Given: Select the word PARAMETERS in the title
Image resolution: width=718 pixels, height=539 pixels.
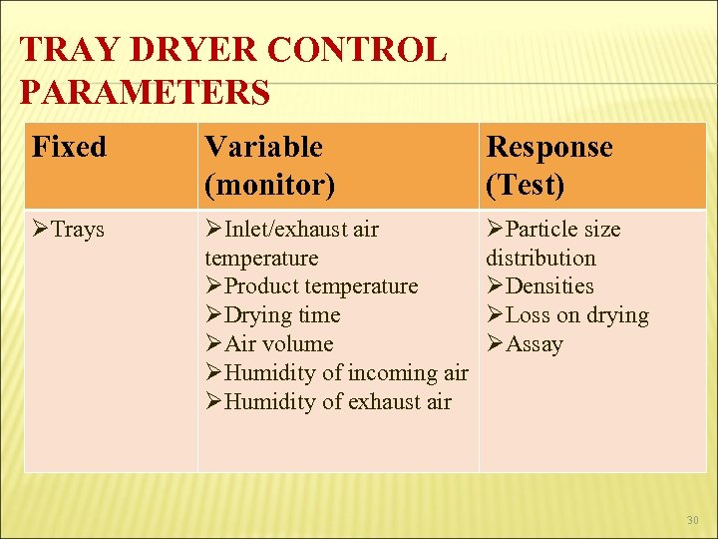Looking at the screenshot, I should [x=145, y=92].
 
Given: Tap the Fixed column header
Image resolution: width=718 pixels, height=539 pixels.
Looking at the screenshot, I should [x=69, y=147].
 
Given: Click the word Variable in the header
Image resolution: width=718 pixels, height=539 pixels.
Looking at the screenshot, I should [x=263, y=147].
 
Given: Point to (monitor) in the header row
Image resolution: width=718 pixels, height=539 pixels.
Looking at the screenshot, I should [x=269, y=185].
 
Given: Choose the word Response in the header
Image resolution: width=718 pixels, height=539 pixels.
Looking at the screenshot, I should [x=548, y=147].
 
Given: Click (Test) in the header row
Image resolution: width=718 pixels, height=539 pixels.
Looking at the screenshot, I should [x=526, y=185].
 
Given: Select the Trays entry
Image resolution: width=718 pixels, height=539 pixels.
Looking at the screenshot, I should [x=78, y=230].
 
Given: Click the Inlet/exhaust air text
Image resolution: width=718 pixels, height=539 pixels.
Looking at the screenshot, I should [x=301, y=230].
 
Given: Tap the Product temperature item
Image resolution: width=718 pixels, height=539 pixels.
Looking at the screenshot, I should [x=321, y=286].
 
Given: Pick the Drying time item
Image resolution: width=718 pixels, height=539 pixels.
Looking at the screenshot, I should [x=282, y=315].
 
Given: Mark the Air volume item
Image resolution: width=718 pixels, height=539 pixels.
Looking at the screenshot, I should [x=279, y=344].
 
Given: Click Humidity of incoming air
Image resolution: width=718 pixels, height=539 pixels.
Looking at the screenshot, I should [x=346, y=373].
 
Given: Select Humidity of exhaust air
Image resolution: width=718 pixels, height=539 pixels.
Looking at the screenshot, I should [x=338, y=402].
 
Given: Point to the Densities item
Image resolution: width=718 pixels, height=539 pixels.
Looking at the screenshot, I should [x=549, y=286].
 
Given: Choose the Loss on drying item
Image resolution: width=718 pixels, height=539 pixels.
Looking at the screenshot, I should [x=577, y=315].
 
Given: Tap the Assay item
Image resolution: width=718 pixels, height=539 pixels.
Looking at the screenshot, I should [x=535, y=344].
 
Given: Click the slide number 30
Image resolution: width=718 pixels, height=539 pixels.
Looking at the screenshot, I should [x=692, y=520].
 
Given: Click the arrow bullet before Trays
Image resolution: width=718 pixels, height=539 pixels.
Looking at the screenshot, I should [x=41, y=230].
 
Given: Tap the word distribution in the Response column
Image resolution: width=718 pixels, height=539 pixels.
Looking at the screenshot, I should [x=540, y=258].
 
